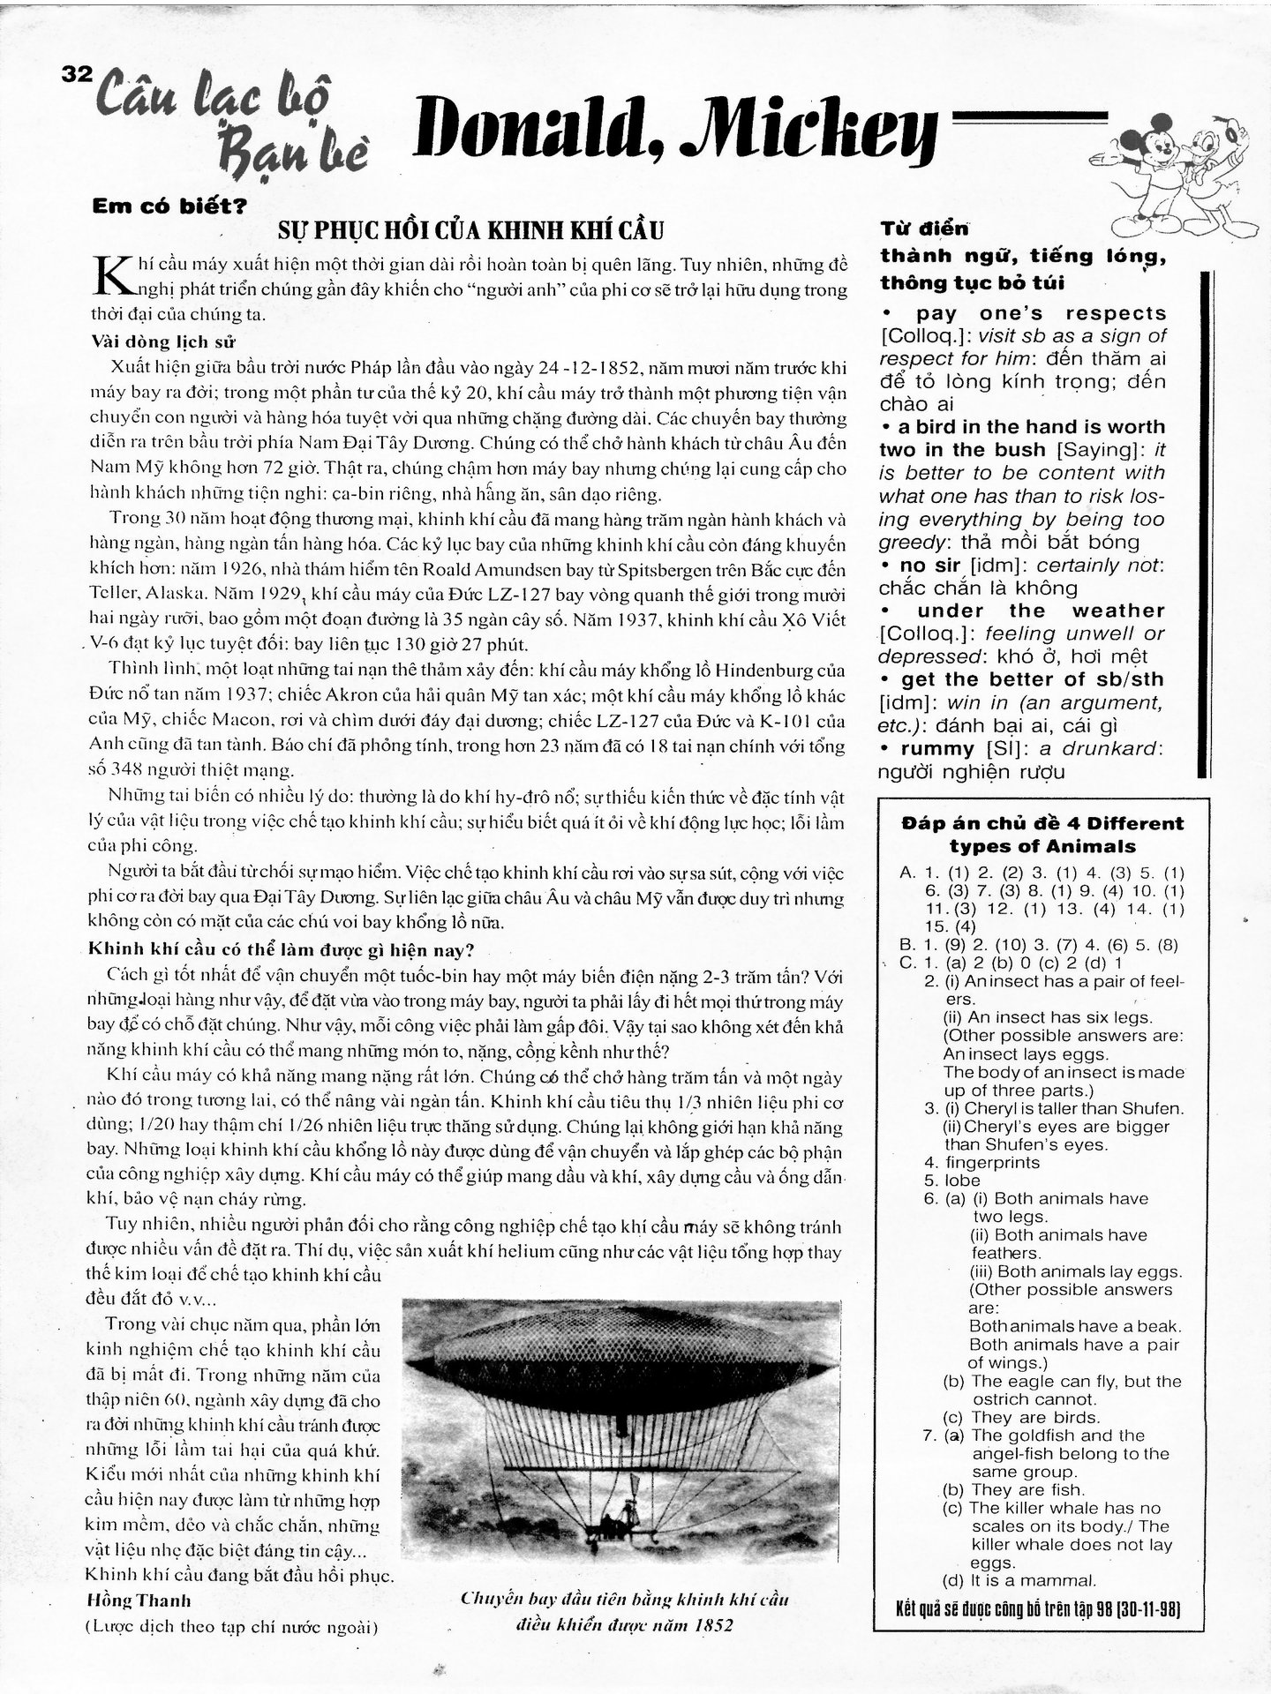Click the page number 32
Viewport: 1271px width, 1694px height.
click(x=77, y=74)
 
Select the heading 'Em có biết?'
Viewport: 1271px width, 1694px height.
click(x=169, y=208)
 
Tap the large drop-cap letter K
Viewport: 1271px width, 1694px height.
click(x=110, y=275)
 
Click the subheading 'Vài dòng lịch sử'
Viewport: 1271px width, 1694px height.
click(x=163, y=342)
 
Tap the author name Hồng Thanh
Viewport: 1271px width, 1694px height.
click(x=138, y=1600)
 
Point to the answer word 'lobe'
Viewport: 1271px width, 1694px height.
click(x=962, y=1181)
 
